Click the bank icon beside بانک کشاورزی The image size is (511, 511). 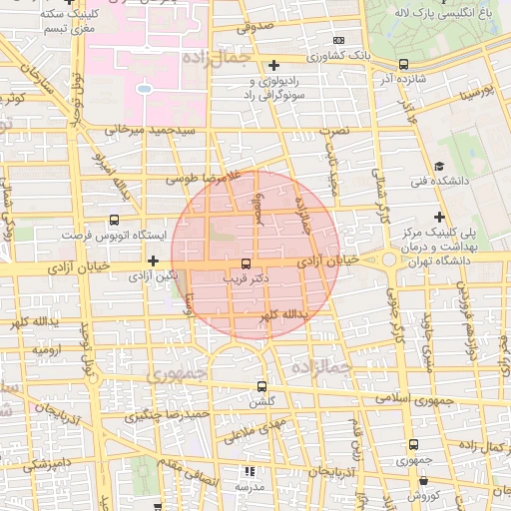coord(336,40)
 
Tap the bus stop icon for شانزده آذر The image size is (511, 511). coord(402,64)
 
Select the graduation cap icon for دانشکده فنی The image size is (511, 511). coord(439,166)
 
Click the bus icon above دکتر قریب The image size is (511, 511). coord(246,263)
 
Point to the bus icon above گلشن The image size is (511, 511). coord(262,386)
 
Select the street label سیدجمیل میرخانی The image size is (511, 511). coord(158,130)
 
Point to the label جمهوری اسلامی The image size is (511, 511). coord(410,401)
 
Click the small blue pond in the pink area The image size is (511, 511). coord(144,90)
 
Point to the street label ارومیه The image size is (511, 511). coord(49,351)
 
